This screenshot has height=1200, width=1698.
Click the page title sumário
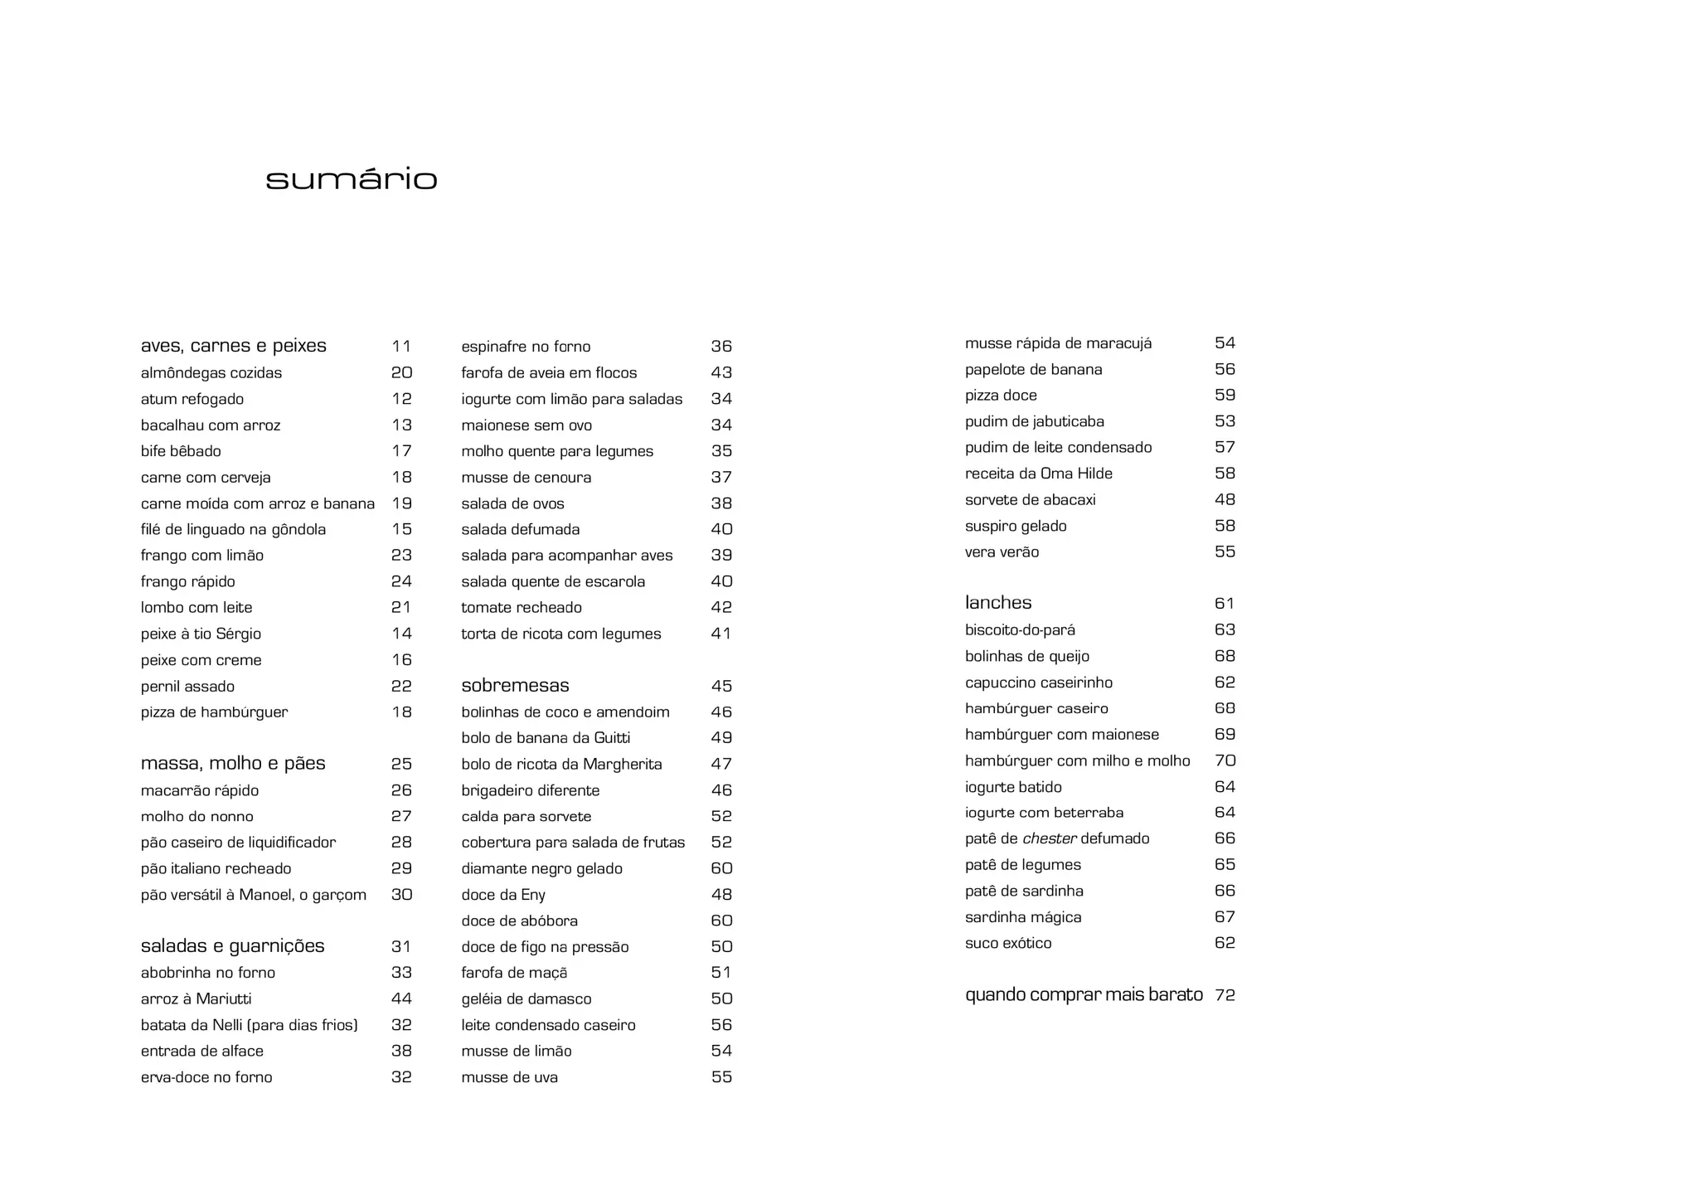352,179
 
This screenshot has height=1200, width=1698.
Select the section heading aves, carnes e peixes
234,346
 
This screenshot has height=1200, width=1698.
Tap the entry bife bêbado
181,451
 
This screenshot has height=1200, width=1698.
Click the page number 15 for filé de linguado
402,529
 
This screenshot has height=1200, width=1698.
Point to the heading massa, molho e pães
233,763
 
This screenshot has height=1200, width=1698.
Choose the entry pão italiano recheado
216,868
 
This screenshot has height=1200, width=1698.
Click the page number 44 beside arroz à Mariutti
401,998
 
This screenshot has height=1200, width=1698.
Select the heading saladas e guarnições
232,946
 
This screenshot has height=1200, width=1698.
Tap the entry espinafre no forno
526,347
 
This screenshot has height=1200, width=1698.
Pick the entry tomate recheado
522,608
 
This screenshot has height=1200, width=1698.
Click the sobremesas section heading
515,686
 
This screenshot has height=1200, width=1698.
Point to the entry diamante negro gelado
541,868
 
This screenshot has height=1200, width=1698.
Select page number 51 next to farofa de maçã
721,973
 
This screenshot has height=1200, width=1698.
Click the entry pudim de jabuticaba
1034,421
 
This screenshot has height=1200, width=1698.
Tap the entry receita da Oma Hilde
1038,474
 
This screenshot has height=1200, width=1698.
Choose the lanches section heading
998,603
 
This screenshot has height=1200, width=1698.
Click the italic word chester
1050,838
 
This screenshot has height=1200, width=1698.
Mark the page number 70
1225,760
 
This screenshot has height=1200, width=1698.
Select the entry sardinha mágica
1023,917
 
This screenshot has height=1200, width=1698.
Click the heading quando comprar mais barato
1084,994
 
